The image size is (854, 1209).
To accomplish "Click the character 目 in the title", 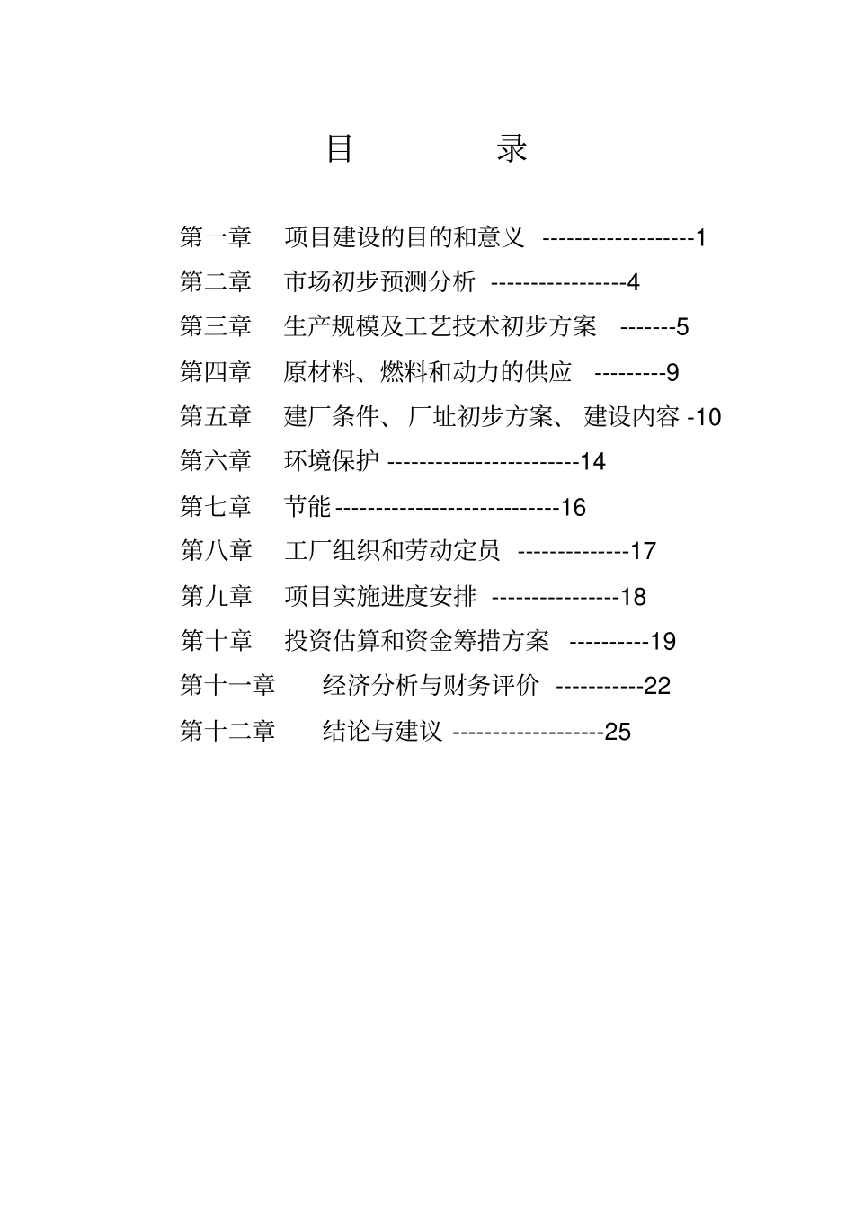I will click(x=339, y=148).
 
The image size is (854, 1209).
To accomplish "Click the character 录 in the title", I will click(x=512, y=148).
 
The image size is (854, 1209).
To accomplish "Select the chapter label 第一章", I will click(x=216, y=237).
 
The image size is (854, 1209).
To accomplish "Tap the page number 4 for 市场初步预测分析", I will click(x=633, y=282).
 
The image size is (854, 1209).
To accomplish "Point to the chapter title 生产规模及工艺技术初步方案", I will click(x=440, y=326).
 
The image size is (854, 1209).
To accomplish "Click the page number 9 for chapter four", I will click(x=672, y=372).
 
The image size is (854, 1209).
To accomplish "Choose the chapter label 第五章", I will click(x=216, y=416).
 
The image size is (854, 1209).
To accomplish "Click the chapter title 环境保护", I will click(x=332, y=461).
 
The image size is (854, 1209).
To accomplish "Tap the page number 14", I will click(x=593, y=462).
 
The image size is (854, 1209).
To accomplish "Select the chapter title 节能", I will click(x=307, y=506).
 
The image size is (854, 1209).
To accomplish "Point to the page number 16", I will click(x=573, y=508).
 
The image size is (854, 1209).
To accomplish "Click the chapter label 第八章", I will click(x=216, y=550).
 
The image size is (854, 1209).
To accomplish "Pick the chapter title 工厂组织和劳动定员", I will click(x=392, y=550).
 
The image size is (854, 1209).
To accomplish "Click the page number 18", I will click(x=633, y=597).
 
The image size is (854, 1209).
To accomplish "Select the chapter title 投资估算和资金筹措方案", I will click(x=416, y=641).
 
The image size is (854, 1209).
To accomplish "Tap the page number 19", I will click(x=663, y=642).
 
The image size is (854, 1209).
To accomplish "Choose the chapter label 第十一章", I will click(x=227, y=686).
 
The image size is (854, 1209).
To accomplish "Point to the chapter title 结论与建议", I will click(x=382, y=731).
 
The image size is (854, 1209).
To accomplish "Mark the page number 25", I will click(x=618, y=732).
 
